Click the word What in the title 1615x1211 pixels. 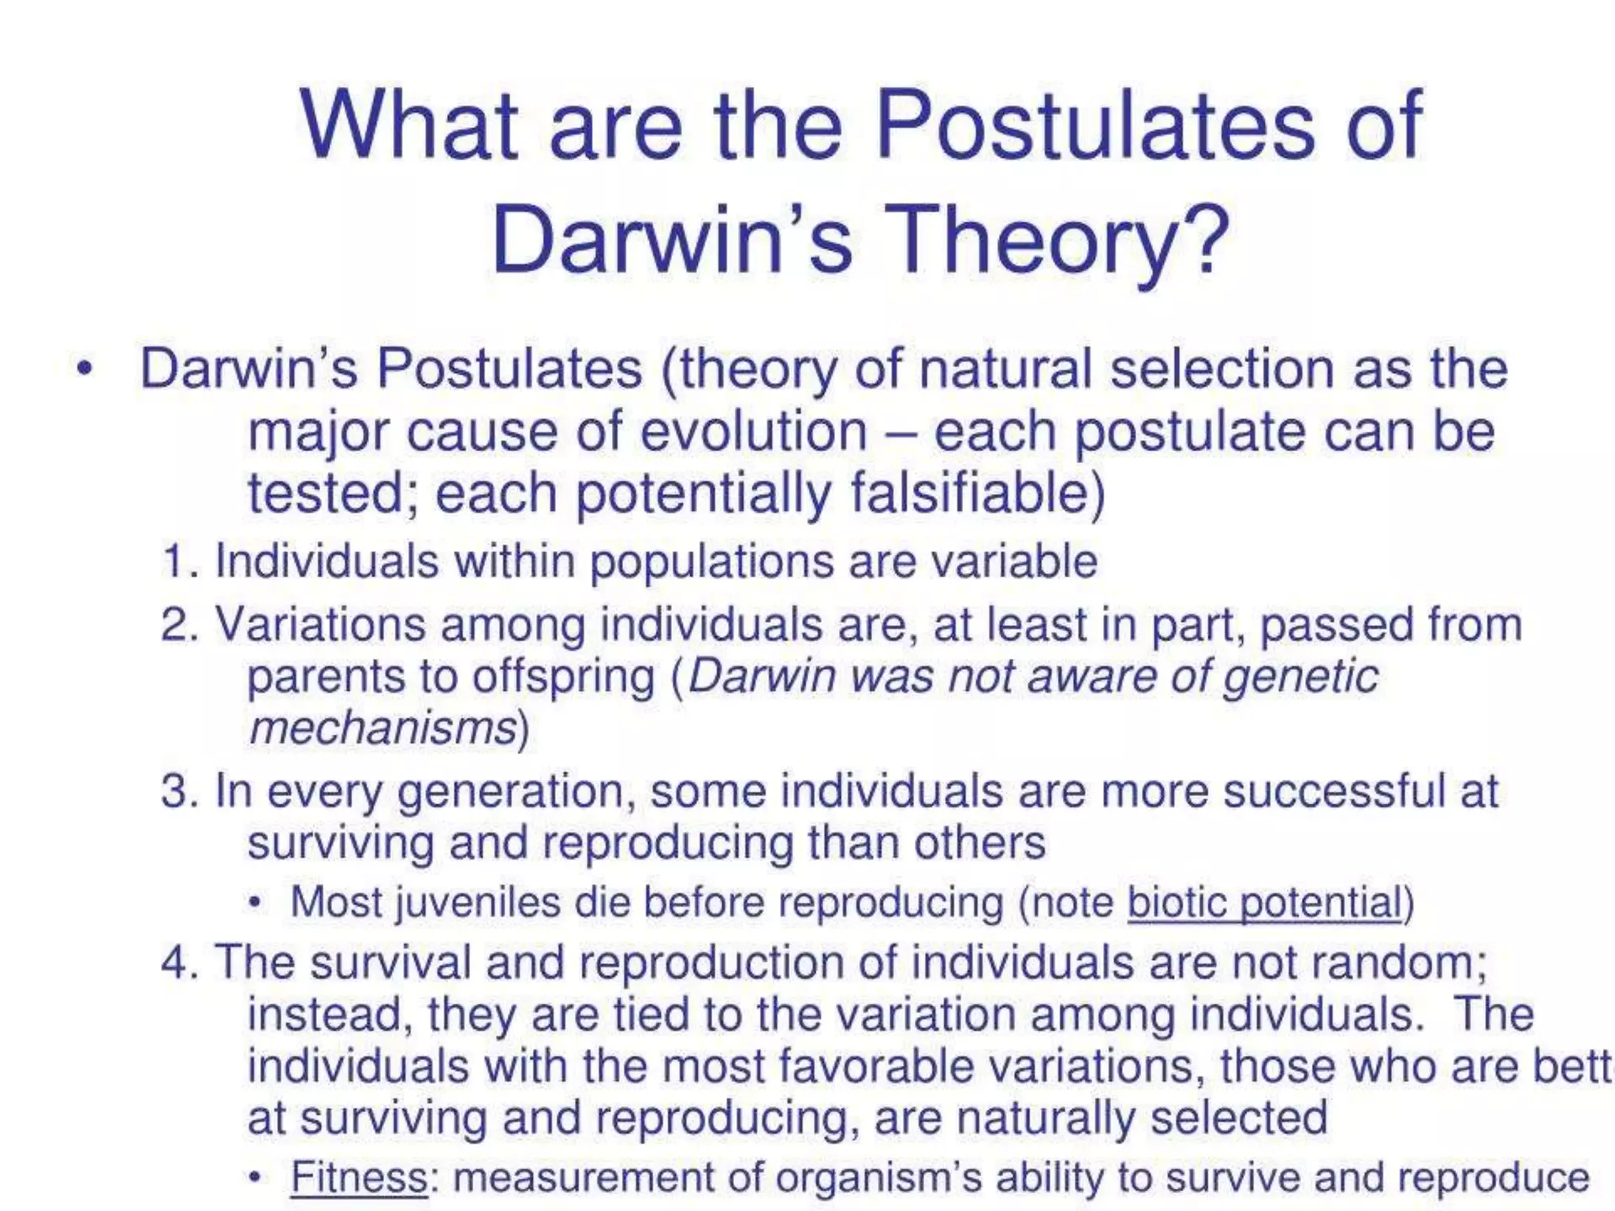[x=408, y=126]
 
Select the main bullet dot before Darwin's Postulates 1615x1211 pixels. [x=85, y=369]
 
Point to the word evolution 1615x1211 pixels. [x=753, y=432]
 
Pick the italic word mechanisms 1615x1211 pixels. [x=382, y=728]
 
